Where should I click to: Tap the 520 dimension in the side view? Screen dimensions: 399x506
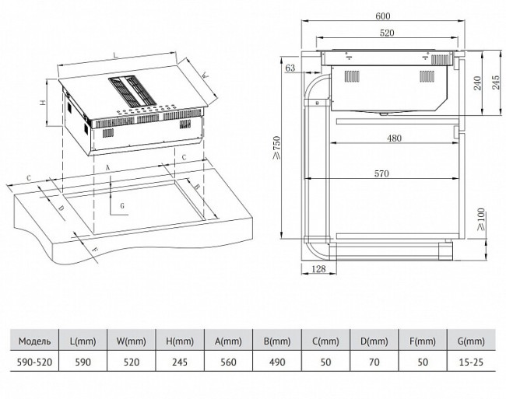coord(386,33)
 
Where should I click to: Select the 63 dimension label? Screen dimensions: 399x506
coord(290,69)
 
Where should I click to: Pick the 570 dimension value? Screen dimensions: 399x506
coord(380,173)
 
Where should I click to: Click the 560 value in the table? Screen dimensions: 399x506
coord(229,362)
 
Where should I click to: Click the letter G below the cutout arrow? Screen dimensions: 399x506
coord(122,205)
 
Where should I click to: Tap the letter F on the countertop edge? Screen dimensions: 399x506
coord(95,249)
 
